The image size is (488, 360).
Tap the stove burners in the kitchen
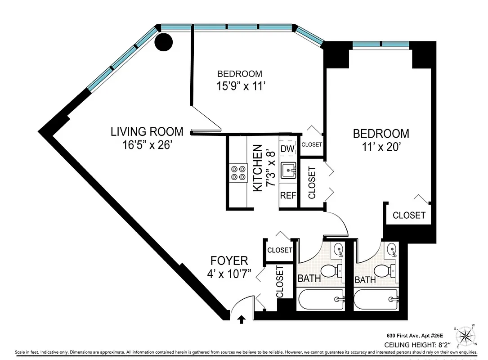[x=239, y=172]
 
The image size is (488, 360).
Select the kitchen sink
[x=288, y=171]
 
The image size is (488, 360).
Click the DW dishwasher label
[x=287, y=148]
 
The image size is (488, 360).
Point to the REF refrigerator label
[x=288, y=196]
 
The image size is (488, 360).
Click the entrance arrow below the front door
[x=242, y=319]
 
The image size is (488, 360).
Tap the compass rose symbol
[x=467, y=335]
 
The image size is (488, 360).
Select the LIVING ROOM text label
[x=147, y=132]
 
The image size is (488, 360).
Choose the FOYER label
[x=229, y=261]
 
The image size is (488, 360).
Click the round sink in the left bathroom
[x=339, y=249]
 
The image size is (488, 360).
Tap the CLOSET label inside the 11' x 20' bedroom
[x=409, y=216]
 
